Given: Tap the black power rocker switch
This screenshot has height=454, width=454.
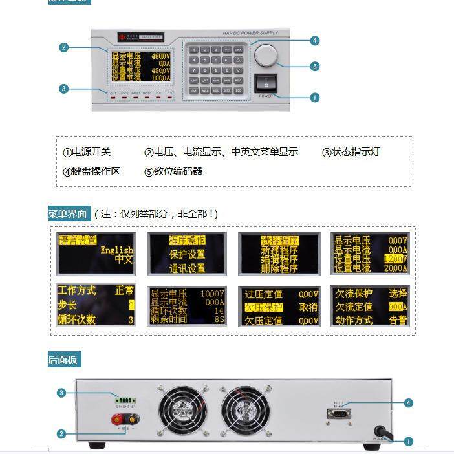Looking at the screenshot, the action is [266, 83].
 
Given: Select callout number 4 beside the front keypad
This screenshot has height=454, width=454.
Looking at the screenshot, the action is [314, 41].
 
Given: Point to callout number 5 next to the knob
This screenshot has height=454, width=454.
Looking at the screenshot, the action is [314, 66].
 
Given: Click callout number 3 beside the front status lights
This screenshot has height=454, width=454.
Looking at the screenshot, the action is [63, 89].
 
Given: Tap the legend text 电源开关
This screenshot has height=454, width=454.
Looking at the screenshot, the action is [87, 153].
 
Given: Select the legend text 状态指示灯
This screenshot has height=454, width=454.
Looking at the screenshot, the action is [356, 153].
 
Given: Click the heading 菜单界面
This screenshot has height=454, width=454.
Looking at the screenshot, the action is [67, 213].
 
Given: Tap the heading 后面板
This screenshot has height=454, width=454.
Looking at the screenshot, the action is [63, 360].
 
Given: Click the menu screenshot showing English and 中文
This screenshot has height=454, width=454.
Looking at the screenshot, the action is [96, 252].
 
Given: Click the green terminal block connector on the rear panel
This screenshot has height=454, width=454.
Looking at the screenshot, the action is [125, 398].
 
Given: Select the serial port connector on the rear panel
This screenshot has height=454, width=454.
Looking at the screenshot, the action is [341, 413].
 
